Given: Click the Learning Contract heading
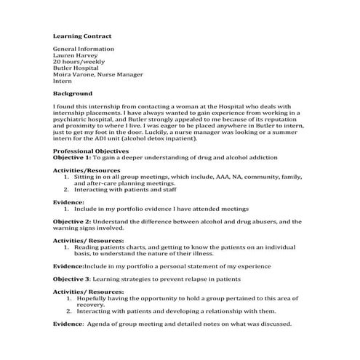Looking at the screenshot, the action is click(81, 35).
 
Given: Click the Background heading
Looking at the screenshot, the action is click(73, 94).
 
